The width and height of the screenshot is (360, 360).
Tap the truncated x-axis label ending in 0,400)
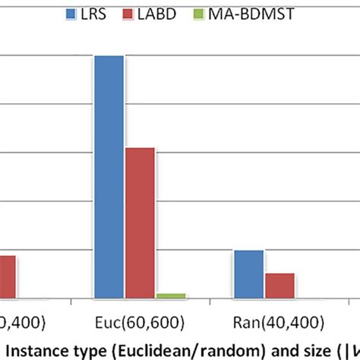(21, 322)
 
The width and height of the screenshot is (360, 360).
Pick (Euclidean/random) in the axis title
(167, 348)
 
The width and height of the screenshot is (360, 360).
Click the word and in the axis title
(262, 348)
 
